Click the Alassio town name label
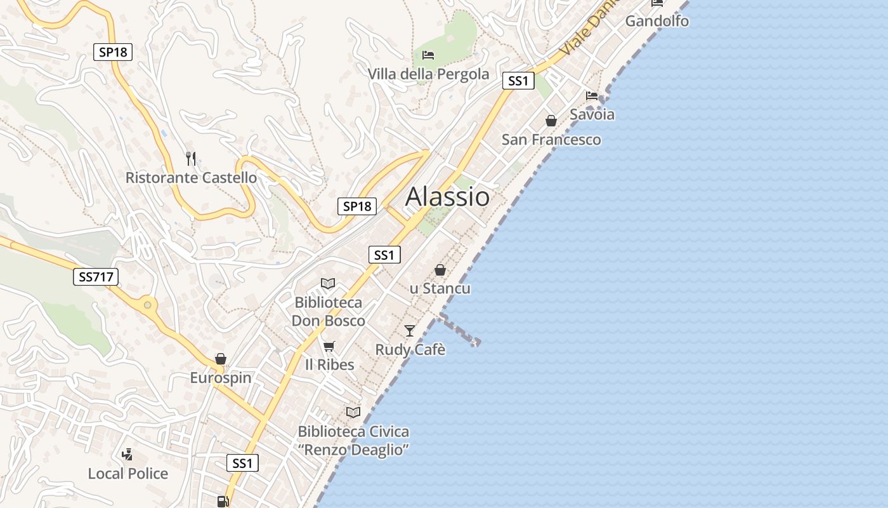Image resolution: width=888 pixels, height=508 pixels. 447,196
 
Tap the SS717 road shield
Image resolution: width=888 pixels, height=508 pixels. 96,277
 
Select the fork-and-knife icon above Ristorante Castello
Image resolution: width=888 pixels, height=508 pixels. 191,158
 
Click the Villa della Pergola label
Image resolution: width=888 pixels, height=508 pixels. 429,74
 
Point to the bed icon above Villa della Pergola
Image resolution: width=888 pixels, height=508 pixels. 428,55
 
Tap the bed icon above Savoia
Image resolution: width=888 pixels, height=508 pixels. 592,96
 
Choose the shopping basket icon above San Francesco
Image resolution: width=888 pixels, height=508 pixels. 551,121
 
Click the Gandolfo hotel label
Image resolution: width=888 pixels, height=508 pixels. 657,21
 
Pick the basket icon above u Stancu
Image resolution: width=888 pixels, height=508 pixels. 440,270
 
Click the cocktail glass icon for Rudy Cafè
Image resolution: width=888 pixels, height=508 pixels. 410,331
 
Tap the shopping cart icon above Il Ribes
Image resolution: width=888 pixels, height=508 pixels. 329,346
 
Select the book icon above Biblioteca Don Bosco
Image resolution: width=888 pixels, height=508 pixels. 328,284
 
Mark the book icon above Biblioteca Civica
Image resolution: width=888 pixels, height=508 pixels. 353,412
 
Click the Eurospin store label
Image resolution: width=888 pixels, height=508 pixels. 221,378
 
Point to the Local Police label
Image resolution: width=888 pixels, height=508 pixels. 128,474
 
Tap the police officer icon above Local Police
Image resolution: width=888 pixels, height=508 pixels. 127,454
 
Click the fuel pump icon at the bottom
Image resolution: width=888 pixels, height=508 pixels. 223,502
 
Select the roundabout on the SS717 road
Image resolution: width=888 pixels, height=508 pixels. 148,305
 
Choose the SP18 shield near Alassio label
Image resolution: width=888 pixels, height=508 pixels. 356,206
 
